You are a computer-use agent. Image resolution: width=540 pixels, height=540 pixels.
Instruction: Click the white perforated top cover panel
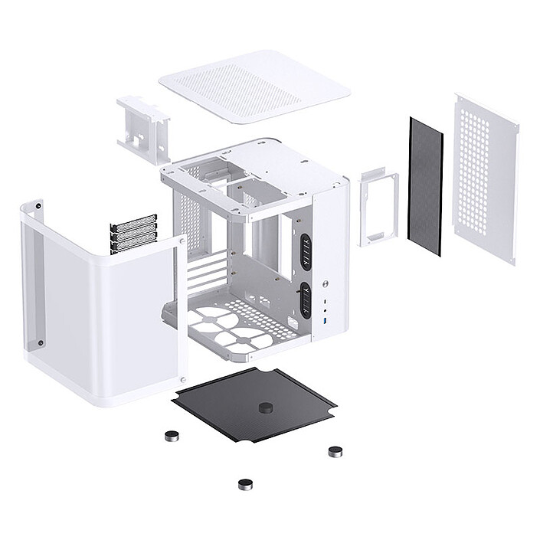tap(254, 87)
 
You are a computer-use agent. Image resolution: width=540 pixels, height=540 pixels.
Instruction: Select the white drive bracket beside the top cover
tap(142, 129)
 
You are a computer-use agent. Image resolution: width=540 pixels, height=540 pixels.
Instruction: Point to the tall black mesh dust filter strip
tap(425, 187)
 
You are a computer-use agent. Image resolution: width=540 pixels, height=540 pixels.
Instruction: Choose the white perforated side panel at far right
tap(485, 178)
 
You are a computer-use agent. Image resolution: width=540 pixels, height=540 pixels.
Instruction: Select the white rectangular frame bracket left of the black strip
tap(378, 208)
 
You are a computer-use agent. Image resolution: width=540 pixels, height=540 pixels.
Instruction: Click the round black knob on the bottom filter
tap(266, 407)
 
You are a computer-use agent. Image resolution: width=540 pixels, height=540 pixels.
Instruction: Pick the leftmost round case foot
tap(171, 436)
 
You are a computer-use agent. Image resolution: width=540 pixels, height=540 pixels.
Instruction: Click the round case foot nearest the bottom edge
tap(245, 484)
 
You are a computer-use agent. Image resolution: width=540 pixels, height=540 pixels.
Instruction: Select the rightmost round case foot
tap(335, 451)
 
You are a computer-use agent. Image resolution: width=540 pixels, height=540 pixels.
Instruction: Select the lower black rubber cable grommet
tap(305, 299)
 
